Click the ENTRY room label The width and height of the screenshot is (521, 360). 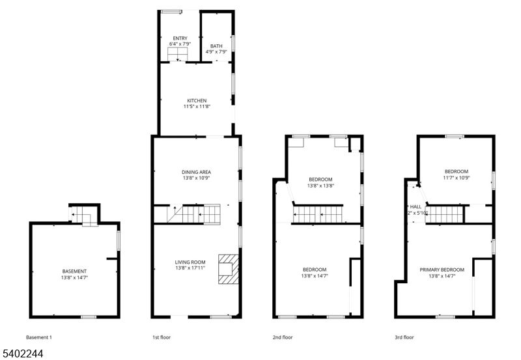coord(180,38)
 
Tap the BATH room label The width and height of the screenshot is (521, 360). coord(216,46)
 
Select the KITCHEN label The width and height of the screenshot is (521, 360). coord(197,101)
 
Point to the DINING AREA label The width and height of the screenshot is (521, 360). coord(196,172)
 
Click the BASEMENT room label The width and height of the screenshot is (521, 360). coord(74,271)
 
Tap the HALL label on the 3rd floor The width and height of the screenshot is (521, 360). coord(415,206)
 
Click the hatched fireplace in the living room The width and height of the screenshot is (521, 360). coord(229,268)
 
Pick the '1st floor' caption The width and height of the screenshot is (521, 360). coord(162,337)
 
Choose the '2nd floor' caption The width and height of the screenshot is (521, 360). coord(283,337)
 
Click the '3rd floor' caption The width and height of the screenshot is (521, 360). coord(404,337)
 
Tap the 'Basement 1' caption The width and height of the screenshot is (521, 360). coord(39,337)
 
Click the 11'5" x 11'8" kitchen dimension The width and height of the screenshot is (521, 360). coord(197,107)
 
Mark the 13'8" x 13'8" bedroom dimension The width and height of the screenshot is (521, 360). coord(320,186)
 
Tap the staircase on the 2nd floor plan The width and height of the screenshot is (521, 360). coord(318,214)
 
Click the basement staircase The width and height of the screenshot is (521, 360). coord(82,215)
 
